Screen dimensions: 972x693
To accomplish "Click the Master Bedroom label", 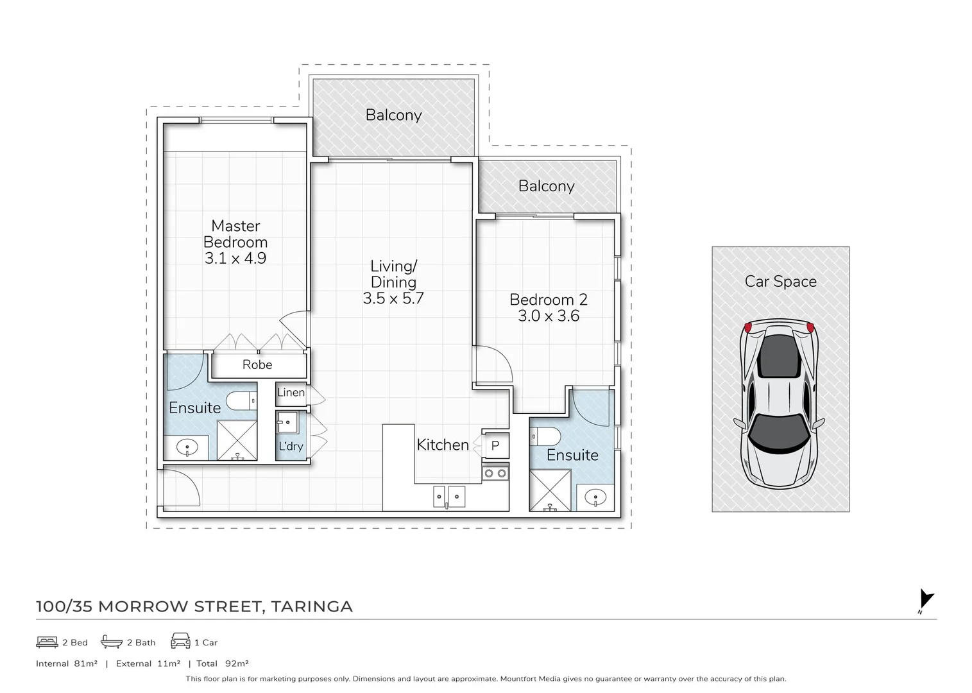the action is [x=235, y=234].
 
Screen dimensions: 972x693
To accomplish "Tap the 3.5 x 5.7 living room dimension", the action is [x=393, y=298].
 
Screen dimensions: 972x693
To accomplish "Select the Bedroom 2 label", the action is [x=548, y=300].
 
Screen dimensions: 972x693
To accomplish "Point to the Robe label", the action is [x=257, y=364].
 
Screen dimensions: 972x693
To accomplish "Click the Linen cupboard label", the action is [x=291, y=392].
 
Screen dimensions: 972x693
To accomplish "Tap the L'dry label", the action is [x=291, y=446].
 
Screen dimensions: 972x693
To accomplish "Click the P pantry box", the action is [x=495, y=446].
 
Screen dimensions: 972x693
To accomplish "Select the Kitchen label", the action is [x=443, y=445].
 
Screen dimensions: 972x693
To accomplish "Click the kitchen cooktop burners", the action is [x=495, y=473].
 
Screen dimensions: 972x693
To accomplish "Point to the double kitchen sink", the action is [x=449, y=497].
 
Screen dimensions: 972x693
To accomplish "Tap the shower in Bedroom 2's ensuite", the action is [x=550, y=490].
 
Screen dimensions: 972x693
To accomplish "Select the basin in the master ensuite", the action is [x=187, y=447].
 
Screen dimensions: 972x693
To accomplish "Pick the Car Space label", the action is [x=781, y=281].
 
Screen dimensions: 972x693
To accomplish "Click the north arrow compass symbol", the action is [x=926, y=600].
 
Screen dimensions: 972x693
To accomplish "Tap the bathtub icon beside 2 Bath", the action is [x=112, y=642].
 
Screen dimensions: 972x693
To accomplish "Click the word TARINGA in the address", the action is [x=312, y=606].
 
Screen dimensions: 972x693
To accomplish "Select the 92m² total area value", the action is [x=237, y=663].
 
